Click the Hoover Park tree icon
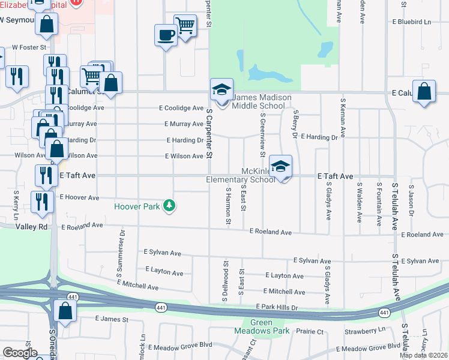(170, 206)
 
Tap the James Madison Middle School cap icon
(221, 91)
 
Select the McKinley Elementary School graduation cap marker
(280, 167)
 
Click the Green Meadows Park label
(261, 326)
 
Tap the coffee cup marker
(166, 35)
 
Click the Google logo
(20, 353)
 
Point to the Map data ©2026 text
(423, 355)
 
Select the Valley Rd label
(32, 227)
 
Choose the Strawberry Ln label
(365, 331)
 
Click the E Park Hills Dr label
(277, 307)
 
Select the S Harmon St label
(228, 206)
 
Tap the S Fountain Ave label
(379, 204)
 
